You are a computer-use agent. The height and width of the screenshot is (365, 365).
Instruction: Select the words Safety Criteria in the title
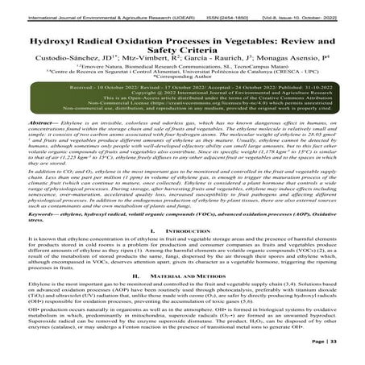(182, 44)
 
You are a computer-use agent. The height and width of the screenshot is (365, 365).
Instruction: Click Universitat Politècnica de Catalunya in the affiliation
(234, 77)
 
